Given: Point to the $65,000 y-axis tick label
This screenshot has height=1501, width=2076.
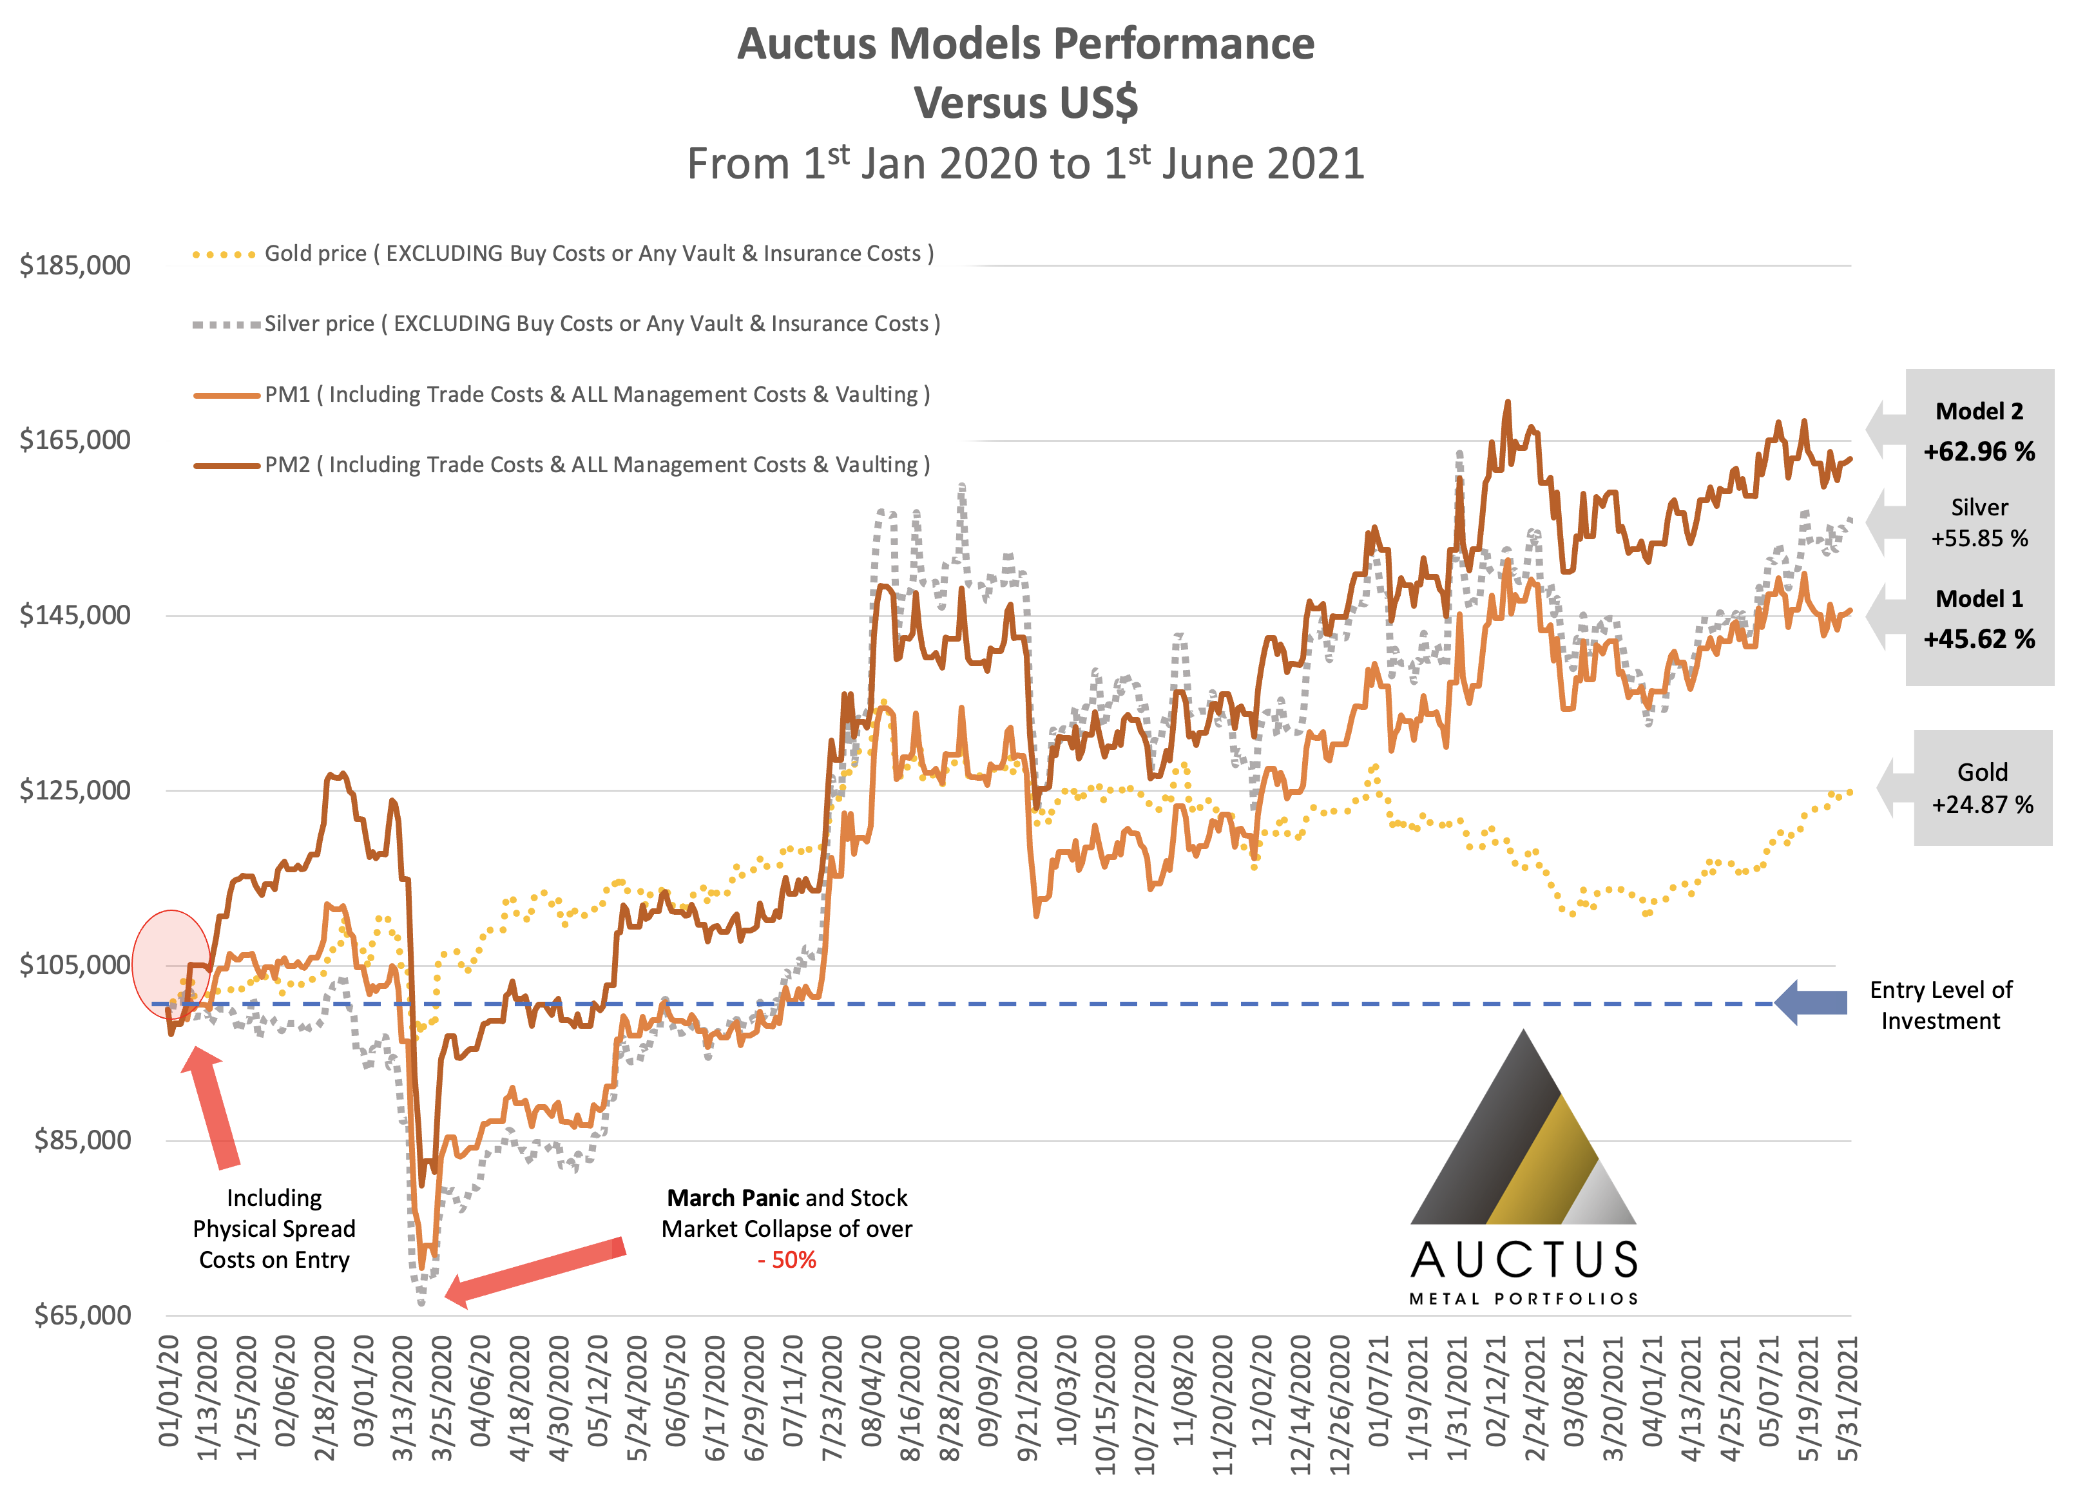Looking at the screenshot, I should click(x=82, y=1315).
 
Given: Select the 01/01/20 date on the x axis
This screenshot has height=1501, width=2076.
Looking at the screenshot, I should click(x=170, y=1391).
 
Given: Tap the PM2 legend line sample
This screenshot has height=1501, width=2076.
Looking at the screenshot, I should click(x=226, y=466).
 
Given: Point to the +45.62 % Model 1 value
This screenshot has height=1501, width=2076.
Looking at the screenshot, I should click(x=1979, y=639).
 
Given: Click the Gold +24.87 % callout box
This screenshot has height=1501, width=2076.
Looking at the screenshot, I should click(x=1982, y=788).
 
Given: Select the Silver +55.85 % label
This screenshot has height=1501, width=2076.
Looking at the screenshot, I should click(x=1979, y=522).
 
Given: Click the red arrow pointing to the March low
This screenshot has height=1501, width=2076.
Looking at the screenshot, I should click(x=535, y=1272).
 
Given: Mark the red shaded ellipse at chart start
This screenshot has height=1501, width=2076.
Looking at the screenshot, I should click(x=171, y=964).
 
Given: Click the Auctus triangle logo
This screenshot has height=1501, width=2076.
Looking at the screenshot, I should click(x=1523, y=1135).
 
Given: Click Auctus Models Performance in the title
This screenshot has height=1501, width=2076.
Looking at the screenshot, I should click(x=1025, y=44).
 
